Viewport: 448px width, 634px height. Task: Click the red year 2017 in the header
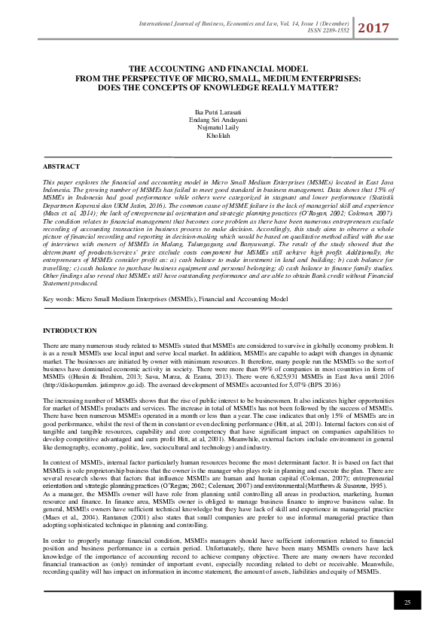click(x=373, y=29)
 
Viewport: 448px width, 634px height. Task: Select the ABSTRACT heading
click(x=62, y=166)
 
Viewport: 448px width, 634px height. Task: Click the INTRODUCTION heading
click(x=70, y=331)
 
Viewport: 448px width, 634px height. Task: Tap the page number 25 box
click(x=407, y=602)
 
